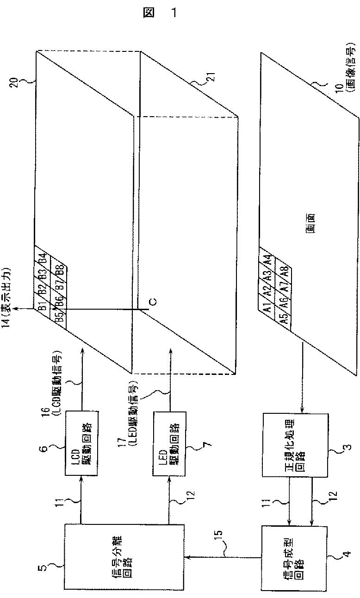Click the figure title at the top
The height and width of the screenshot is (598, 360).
(162, 13)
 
